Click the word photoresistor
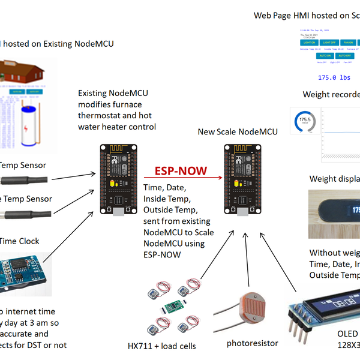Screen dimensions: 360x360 coord(253,343)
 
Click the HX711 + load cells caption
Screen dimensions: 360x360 coord(162,346)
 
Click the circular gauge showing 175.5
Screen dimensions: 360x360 coord(305,122)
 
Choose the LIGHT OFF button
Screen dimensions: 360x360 coord(328,43)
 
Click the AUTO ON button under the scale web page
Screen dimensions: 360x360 coord(318,55)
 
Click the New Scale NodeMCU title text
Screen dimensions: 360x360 coord(238,131)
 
